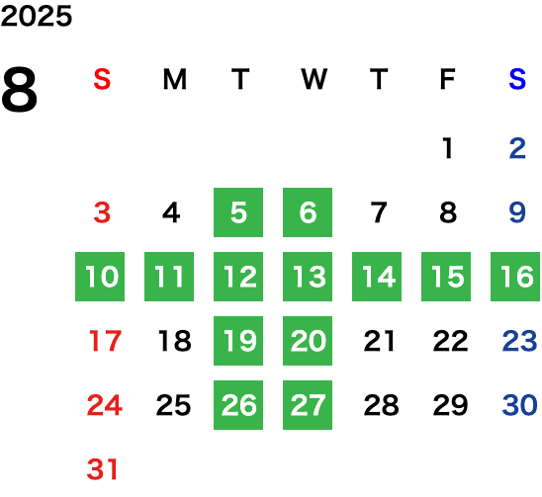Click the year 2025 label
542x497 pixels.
tap(37, 16)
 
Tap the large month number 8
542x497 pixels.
tap(19, 90)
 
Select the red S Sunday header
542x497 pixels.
tap(102, 79)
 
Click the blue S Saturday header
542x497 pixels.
tap(517, 79)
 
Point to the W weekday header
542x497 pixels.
tap(314, 79)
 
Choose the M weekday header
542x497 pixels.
tap(175, 79)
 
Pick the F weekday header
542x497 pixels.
tap(448, 79)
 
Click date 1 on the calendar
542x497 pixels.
tap(448, 148)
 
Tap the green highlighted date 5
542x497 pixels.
tap(238, 212)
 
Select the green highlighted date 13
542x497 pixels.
tap(308, 277)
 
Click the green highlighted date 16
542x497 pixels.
tap(515, 277)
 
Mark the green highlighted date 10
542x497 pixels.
tap(100, 277)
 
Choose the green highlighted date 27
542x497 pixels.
tap(308, 405)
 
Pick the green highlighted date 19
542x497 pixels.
tap(238, 341)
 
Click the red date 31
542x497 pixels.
tap(102, 469)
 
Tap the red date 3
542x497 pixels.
tap(102, 212)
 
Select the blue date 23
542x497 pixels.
tap(519, 341)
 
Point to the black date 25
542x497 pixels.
tap(173, 405)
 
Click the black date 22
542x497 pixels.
tap(450, 341)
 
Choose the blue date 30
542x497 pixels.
tap(519, 405)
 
